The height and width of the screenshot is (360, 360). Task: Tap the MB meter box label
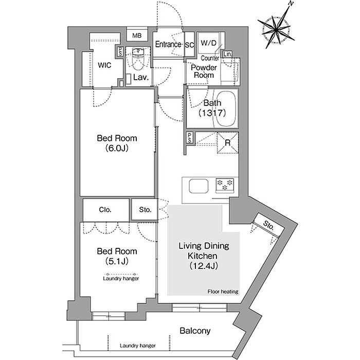pos(137,35)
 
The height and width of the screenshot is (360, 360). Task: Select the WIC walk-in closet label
pos(104,65)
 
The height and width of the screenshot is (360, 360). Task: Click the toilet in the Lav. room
pos(138,59)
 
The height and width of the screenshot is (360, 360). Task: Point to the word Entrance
pos(168,44)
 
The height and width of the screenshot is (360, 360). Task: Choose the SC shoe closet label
pos(190,45)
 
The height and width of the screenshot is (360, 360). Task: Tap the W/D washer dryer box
pos(209,43)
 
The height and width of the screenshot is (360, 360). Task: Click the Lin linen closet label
pos(227,54)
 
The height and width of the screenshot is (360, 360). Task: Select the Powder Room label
pos(204,71)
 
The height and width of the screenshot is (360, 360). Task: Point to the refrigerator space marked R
pos(228,142)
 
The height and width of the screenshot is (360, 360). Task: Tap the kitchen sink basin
pos(199,186)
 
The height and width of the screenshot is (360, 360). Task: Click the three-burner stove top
pos(225,185)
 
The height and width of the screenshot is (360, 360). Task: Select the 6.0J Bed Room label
pos(117,143)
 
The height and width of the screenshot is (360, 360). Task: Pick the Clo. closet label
pos(105,210)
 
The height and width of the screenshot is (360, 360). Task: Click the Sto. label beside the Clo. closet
pos(146,210)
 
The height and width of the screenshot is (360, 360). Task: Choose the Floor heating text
pos(223,292)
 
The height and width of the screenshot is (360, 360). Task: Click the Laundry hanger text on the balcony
pos(137,346)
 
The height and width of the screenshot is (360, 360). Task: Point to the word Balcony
pos(195,331)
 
